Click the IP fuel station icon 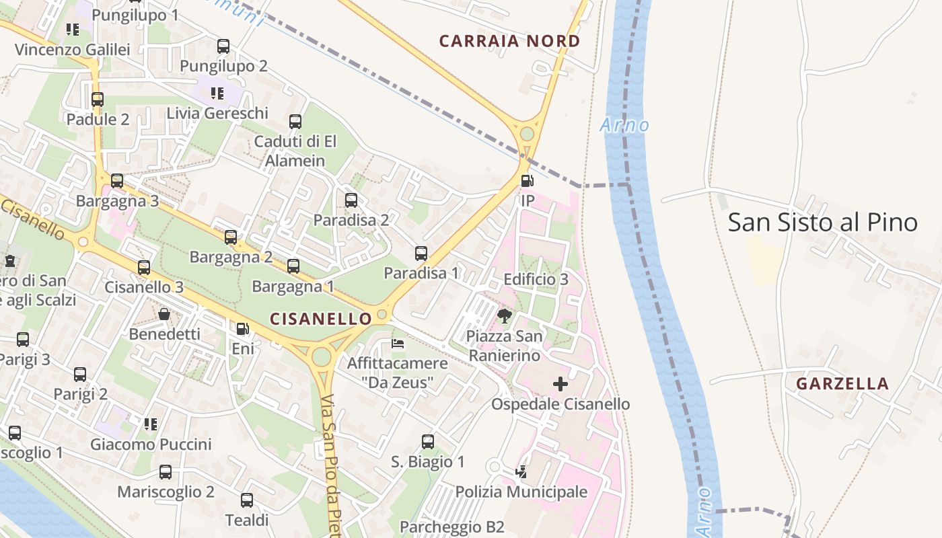[528, 181]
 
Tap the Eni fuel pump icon [242, 330]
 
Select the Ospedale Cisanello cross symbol [560, 384]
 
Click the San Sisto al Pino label [822, 222]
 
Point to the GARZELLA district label [842, 384]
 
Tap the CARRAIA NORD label [509, 41]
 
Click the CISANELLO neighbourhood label [320, 319]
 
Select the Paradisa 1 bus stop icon [421, 254]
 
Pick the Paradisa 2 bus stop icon [351, 200]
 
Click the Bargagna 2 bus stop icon [231, 237]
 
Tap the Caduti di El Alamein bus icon [295, 122]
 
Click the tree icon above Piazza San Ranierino [504, 316]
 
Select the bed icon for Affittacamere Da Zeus [398, 344]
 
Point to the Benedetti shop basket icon [164, 314]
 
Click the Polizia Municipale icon [521, 473]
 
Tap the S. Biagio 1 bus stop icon [428, 442]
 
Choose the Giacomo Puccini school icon [151, 424]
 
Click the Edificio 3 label [536, 279]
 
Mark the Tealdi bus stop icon [247, 500]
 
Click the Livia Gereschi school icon [217, 93]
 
